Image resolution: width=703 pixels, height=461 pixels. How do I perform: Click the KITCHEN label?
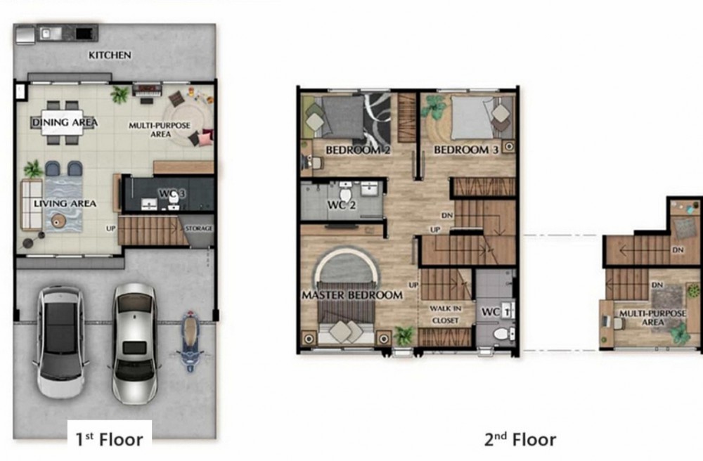pyautogui.click(x=110, y=55)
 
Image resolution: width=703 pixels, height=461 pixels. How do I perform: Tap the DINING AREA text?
pyautogui.click(x=65, y=122)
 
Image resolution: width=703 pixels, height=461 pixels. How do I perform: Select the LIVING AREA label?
pyautogui.click(x=65, y=204)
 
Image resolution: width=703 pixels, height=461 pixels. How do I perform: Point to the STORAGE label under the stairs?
pyautogui.click(x=199, y=228)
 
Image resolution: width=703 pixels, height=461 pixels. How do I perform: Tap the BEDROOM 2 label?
pyautogui.click(x=358, y=150)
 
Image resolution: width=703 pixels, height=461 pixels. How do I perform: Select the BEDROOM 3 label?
pyautogui.click(x=466, y=150)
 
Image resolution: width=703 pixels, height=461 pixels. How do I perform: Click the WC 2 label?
pyautogui.click(x=342, y=205)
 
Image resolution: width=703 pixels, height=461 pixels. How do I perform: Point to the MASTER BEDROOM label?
pyautogui.click(x=352, y=295)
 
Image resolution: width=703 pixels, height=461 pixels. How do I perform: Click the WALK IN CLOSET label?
pyautogui.click(x=445, y=315)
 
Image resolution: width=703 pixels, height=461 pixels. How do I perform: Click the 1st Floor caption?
pyautogui.click(x=109, y=439)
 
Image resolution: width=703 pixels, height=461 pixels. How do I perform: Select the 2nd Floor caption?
pyautogui.click(x=520, y=439)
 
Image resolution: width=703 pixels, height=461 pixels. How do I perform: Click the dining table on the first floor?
pyautogui.click(x=63, y=122)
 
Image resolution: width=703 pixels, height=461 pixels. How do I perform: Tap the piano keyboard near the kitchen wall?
pyautogui.click(x=147, y=90)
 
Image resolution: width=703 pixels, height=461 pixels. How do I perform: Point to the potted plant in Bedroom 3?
pyautogui.click(x=434, y=108)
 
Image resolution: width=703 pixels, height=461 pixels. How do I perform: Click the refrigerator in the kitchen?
pyautogui.click(x=25, y=35)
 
